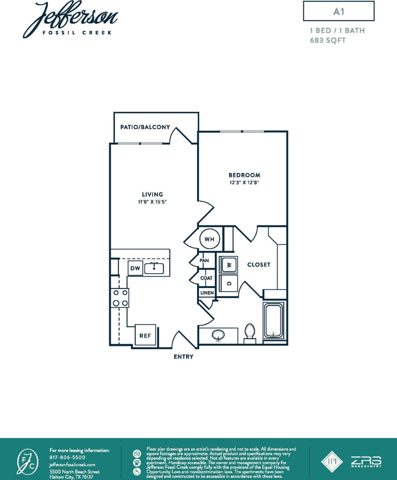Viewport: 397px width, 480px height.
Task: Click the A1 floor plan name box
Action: click(x=338, y=11)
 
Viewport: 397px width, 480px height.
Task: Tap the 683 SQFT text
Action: click(x=328, y=40)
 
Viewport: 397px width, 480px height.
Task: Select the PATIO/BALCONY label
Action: click(x=145, y=127)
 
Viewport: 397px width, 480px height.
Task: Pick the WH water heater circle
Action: click(x=210, y=239)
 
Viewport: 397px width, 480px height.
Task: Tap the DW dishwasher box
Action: click(x=136, y=269)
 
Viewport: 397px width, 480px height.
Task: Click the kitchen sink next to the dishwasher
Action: click(x=154, y=268)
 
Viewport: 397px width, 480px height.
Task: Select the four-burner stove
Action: click(x=120, y=298)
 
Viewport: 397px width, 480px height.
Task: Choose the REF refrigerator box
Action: click(x=145, y=335)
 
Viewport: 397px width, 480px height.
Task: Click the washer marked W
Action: click(x=228, y=265)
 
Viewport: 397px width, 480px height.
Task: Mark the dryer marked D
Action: click(x=228, y=283)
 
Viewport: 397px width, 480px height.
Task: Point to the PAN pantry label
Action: click(x=205, y=261)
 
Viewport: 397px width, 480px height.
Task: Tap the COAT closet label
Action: click(x=206, y=278)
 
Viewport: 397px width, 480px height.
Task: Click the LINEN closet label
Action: click(x=207, y=293)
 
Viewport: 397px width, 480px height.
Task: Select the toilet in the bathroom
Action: click(x=250, y=333)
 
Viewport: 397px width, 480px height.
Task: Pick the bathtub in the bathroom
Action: click(x=273, y=321)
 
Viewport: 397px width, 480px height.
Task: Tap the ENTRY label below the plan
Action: click(x=183, y=356)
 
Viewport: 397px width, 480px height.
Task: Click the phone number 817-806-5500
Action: click(x=67, y=457)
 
